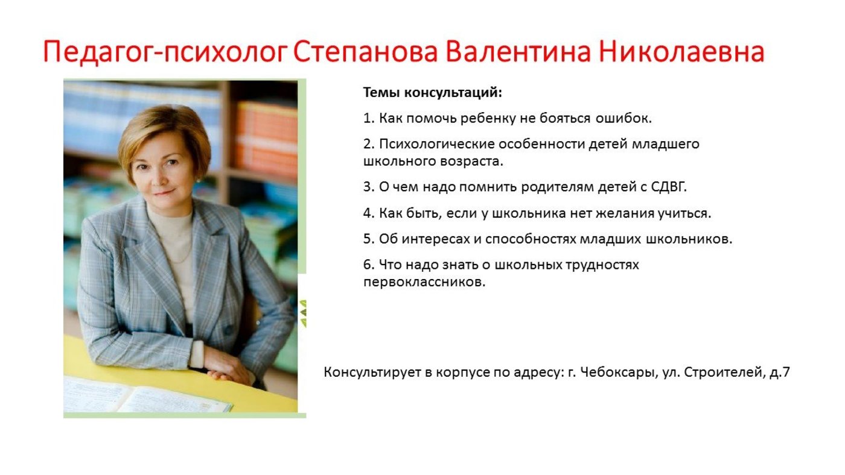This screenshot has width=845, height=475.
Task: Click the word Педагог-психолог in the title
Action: [x=165, y=52]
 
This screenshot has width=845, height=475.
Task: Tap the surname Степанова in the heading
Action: [x=365, y=51]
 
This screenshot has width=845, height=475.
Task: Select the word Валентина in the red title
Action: [x=518, y=51]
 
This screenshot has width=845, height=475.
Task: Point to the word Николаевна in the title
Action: [x=681, y=51]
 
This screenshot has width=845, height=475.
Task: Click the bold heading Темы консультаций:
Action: [x=433, y=93]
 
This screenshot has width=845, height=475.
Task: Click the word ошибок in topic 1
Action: [x=623, y=118]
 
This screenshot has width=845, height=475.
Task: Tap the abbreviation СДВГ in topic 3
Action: [x=669, y=187]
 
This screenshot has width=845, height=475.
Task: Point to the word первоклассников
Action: [x=424, y=282]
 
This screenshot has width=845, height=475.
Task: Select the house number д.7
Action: [x=780, y=372]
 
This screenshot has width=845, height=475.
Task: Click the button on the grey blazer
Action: [x=228, y=330]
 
